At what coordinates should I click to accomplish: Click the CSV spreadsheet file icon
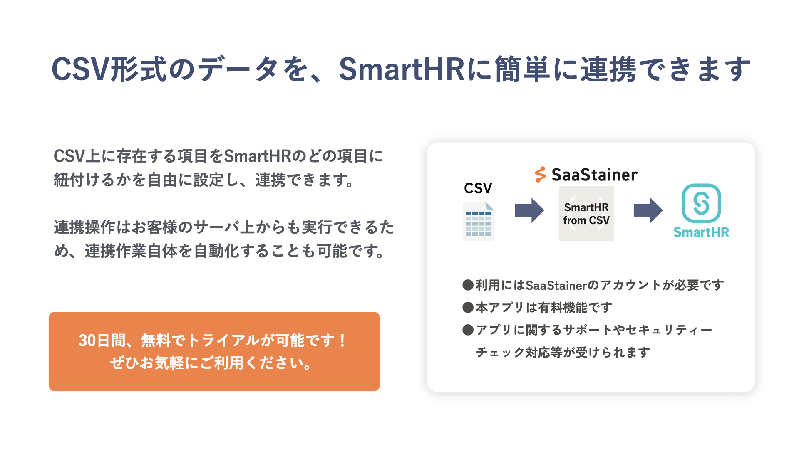point(478,221)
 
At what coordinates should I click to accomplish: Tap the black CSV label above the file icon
point(478,188)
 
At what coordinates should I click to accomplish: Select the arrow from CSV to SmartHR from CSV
point(529,210)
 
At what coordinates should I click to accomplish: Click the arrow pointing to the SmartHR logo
point(648,210)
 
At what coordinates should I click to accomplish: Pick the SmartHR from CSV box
point(586,214)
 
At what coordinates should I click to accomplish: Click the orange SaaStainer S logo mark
point(540,175)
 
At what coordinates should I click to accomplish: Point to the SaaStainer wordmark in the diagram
point(595,175)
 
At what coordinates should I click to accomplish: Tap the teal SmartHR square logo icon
point(701,203)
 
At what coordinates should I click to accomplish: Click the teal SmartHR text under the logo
point(701,232)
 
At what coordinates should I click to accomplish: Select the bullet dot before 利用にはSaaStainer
point(468,285)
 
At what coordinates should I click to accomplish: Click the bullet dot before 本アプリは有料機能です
point(468,308)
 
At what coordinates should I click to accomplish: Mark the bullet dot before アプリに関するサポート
point(468,330)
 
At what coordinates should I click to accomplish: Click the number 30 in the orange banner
point(87,341)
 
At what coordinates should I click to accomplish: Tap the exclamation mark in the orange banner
point(342,341)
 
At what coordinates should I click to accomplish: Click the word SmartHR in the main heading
point(402,69)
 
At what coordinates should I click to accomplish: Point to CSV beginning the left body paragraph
point(69,157)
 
